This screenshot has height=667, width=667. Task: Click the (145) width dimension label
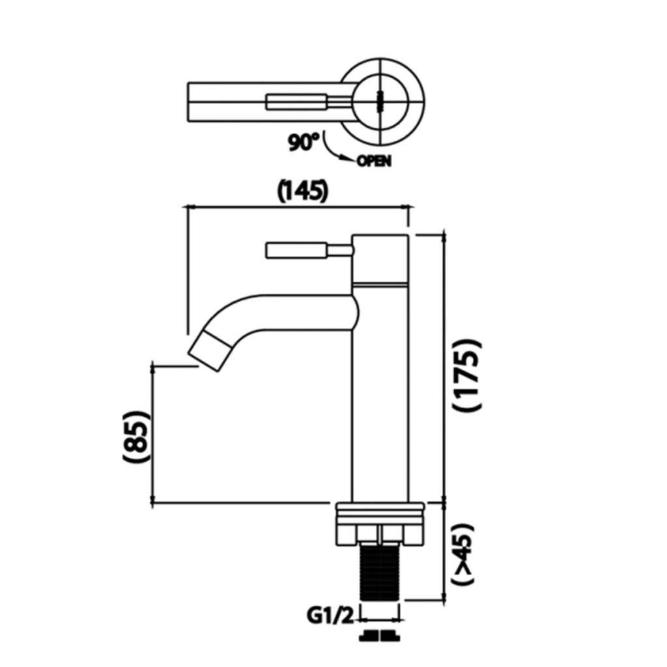pyautogui.click(x=303, y=191)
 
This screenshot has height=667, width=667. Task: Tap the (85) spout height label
pyautogui.click(x=135, y=436)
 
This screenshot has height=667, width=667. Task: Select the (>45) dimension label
pyautogui.click(x=462, y=554)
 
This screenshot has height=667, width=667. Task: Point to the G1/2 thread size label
pyautogui.click(x=330, y=616)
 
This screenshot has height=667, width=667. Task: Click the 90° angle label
pyautogui.click(x=304, y=142)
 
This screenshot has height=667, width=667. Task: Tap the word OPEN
pyautogui.click(x=373, y=162)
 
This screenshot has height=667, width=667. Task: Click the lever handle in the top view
pyautogui.click(x=308, y=102)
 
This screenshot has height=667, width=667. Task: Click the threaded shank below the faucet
pyautogui.click(x=380, y=571)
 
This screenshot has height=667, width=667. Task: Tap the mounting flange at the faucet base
pyautogui.click(x=380, y=523)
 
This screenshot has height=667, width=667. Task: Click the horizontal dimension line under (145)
pyautogui.click(x=298, y=208)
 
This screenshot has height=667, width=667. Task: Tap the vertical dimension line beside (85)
pyautogui.click(x=153, y=434)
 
